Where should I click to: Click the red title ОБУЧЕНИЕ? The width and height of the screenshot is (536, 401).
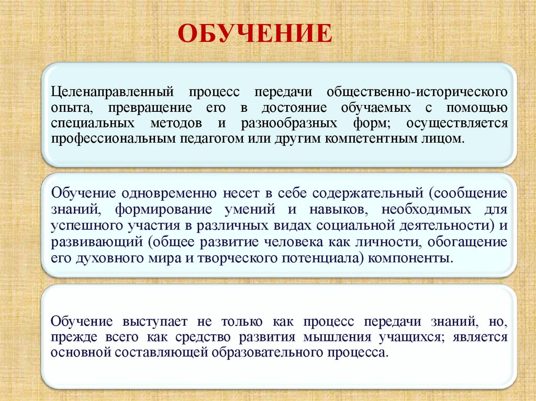[x=255, y=34]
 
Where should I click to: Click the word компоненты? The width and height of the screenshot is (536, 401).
[x=414, y=258]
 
